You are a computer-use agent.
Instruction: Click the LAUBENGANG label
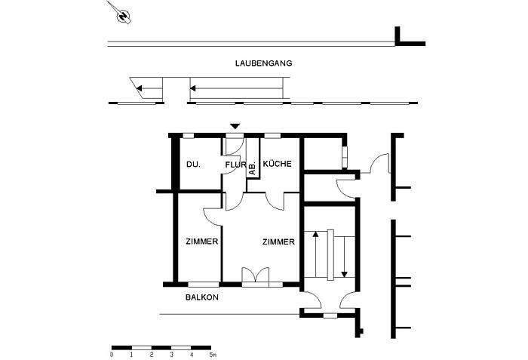[x=263, y=64]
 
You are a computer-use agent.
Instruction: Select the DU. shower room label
[x=192, y=165]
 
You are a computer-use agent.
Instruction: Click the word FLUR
[x=235, y=165]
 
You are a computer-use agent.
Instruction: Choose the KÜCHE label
[x=277, y=165]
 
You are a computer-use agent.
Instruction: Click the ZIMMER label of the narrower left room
[x=201, y=242]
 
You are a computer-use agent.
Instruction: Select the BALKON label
[x=201, y=297]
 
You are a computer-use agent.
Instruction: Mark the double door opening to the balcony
[x=254, y=276]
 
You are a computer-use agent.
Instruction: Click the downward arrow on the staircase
[x=344, y=257]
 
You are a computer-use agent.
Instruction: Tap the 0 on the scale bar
[x=112, y=354]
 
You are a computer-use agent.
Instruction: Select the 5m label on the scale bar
[x=213, y=354]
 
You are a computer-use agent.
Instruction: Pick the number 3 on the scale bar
[x=172, y=354]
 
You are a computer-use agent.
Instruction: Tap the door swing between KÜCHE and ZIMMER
[x=274, y=200]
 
